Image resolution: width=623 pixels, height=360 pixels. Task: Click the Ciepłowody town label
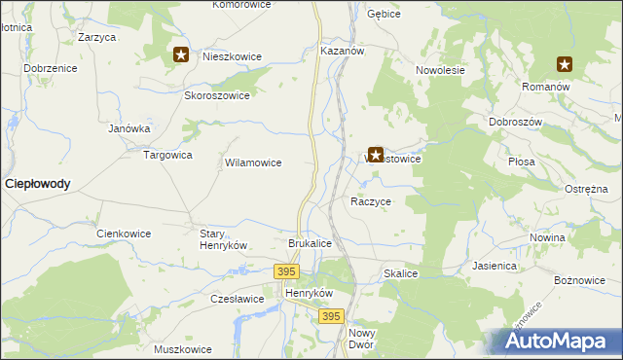[x=38, y=183]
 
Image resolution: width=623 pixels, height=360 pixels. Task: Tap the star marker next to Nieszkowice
[x=181, y=55]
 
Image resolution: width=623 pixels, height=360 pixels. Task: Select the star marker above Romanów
[x=565, y=65]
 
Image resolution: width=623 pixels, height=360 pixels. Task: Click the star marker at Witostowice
[x=375, y=154]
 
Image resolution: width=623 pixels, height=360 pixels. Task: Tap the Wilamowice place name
[x=253, y=163]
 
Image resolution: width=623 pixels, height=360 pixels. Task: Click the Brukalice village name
[x=311, y=243]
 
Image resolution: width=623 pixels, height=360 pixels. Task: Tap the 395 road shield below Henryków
[x=332, y=316]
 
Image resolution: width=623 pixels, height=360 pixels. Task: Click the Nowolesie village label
[x=441, y=71]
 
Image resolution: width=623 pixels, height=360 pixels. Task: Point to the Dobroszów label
[x=515, y=123]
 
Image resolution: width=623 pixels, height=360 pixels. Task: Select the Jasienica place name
[x=495, y=265]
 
